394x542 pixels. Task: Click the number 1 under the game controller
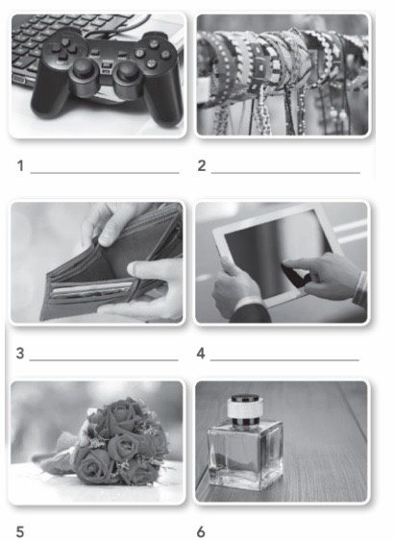pos(20,165)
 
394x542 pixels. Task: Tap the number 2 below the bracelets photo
pos(202,165)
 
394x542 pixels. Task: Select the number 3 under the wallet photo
pos(20,354)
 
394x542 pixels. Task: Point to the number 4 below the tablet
pos(201,354)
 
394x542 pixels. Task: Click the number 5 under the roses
pos(20,531)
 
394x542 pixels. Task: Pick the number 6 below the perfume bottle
pos(201,531)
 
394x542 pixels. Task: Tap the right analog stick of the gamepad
pos(126,74)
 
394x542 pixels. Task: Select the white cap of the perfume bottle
pos(245,406)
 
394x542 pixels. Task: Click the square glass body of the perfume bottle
pos(245,455)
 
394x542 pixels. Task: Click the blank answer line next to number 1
pos(105,172)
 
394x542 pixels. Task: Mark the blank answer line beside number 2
pos(285,172)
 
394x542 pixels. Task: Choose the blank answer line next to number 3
pos(104,360)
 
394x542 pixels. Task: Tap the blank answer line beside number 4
pos(284,360)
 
